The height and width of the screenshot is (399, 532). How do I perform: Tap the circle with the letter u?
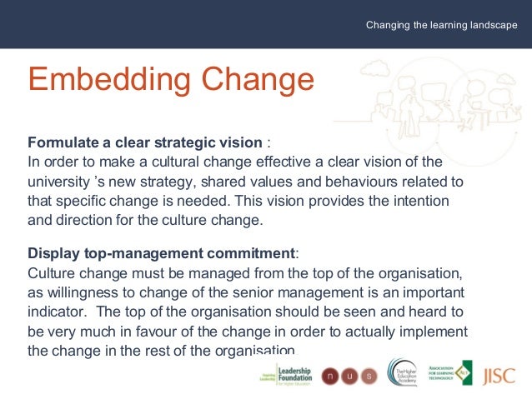click(x=349, y=375)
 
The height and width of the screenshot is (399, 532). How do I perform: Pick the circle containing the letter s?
click(x=369, y=375)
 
